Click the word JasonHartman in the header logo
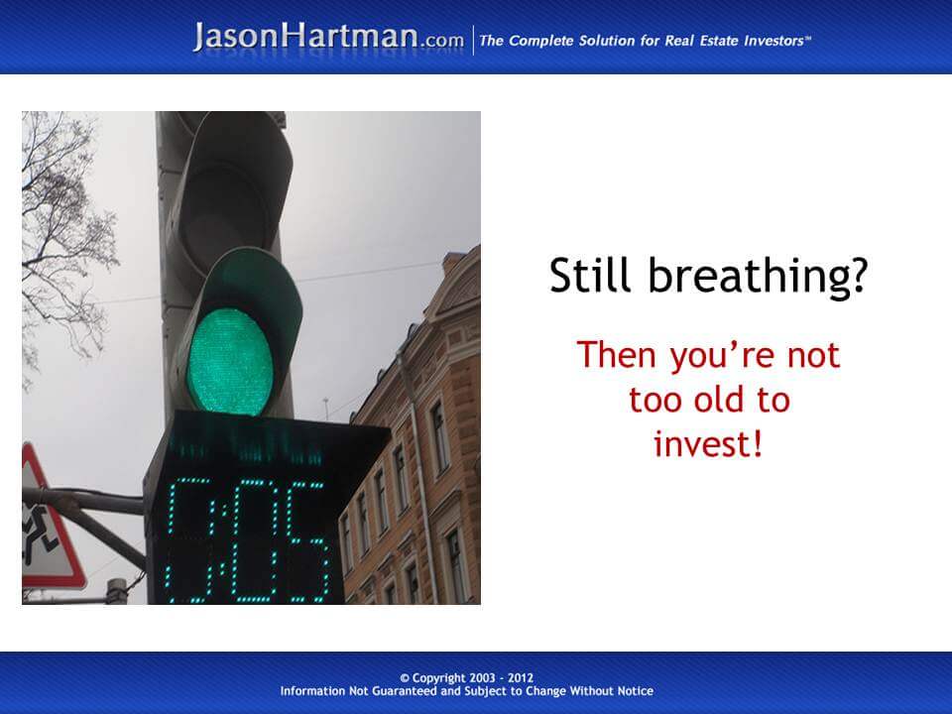click(x=305, y=37)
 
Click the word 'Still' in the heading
click(x=589, y=275)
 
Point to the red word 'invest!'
click(x=707, y=443)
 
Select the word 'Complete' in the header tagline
click(x=540, y=41)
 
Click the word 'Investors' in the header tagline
click(x=774, y=41)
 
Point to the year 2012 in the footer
click(x=521, y=677)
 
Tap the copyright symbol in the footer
click(x=405, y=678)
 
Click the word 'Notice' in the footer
click(x=635, y=691)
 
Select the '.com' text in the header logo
click(x=441, y=42)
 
